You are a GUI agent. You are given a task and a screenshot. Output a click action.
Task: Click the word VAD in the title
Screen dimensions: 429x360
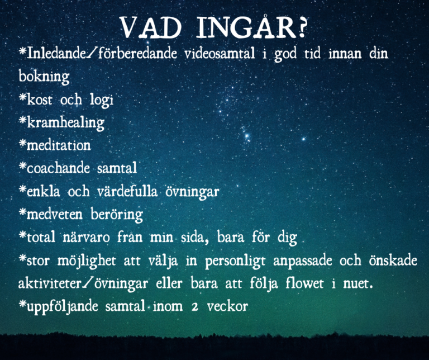click(x=151, y=27)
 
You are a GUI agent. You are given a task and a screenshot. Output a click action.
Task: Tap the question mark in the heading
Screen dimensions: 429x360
click(x=301, y=27)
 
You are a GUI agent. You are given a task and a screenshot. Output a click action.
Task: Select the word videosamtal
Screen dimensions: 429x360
click(x=220, y=53)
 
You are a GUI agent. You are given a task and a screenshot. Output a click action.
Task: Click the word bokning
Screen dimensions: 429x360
click(x=44, y=77)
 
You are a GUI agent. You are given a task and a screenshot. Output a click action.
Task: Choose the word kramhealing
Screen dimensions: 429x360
click(x=66, y=123)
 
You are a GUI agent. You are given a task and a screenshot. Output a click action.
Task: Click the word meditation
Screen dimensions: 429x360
click(x=59, y=145)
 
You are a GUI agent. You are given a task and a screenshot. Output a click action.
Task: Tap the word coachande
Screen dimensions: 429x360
click(x=58, y=168)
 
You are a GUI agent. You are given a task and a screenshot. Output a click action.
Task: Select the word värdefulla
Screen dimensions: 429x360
click(x=127, y=191)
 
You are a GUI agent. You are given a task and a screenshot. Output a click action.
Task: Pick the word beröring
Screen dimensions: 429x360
click(x=117, y=215)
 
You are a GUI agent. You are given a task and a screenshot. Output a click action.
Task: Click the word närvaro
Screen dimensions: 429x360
click(x=87, y=237)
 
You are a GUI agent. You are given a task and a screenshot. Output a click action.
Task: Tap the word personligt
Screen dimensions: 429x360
click(x=235, y=261)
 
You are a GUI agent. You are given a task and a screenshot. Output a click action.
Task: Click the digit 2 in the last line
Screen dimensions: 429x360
click(x=195, y=307)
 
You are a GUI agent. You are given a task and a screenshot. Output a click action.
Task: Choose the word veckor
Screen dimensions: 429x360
click(x=227, y=306)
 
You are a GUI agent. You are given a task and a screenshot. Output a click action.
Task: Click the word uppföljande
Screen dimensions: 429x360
click(x=63, y=307)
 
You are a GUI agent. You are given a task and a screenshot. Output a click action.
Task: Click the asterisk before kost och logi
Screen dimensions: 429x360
click(x=22, y=96)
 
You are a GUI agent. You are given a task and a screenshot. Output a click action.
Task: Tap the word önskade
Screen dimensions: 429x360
click(x=393, y=260)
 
